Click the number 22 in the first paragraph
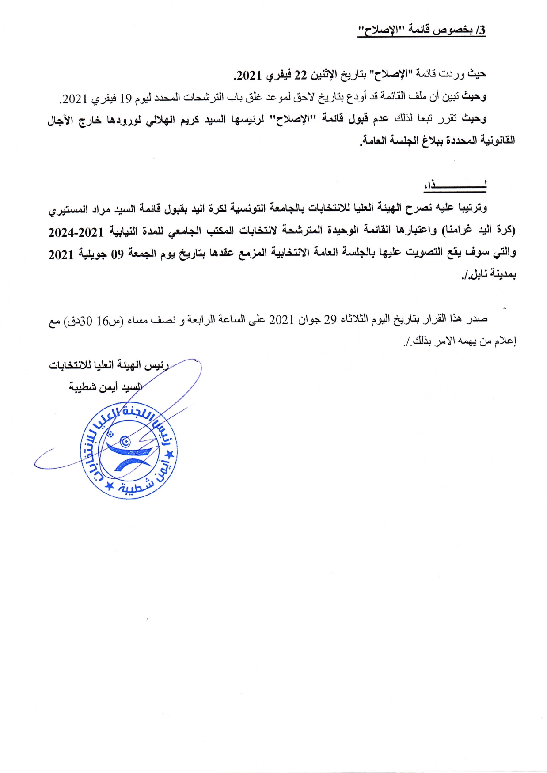coord(300,75)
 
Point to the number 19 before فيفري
coord(126,98)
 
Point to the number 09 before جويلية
coord(117,254)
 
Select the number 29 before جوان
coord(330,319)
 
